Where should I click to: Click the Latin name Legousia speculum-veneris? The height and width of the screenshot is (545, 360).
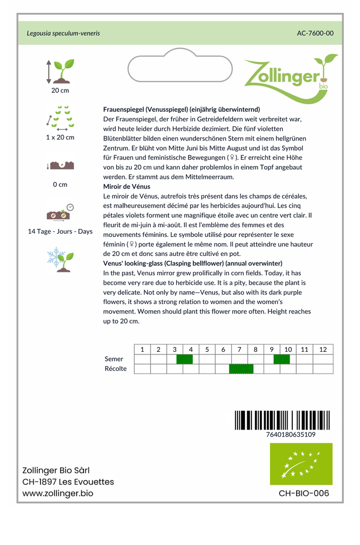click(63, 33)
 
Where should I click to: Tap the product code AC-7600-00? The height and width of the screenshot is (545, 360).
click(315, 33)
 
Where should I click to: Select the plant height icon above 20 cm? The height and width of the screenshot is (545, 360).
click(60, 71)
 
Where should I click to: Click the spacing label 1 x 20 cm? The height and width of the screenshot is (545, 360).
click(60, 137)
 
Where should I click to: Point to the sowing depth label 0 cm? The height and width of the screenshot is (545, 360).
click(60, 185)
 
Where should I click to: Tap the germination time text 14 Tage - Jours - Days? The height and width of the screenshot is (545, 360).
click(60, 232)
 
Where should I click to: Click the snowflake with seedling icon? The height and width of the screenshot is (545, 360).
click(60, 259)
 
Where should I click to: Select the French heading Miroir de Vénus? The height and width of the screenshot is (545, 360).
click(127, 187)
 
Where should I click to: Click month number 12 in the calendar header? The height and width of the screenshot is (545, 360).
click(323, 350)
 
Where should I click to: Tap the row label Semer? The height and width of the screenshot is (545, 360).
click(114, 359)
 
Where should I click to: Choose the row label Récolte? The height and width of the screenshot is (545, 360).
click(116, 369)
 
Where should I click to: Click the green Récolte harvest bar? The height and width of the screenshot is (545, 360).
click(241, 369)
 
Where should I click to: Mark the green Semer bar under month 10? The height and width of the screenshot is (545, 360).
click(282, 359)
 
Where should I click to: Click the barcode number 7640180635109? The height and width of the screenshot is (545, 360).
click(290, 434)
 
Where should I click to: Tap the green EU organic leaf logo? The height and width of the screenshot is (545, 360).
click(301, 464)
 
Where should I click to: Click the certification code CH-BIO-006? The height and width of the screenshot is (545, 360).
click(304, 493)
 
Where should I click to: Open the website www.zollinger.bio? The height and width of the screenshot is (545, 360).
click(58, 493)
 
